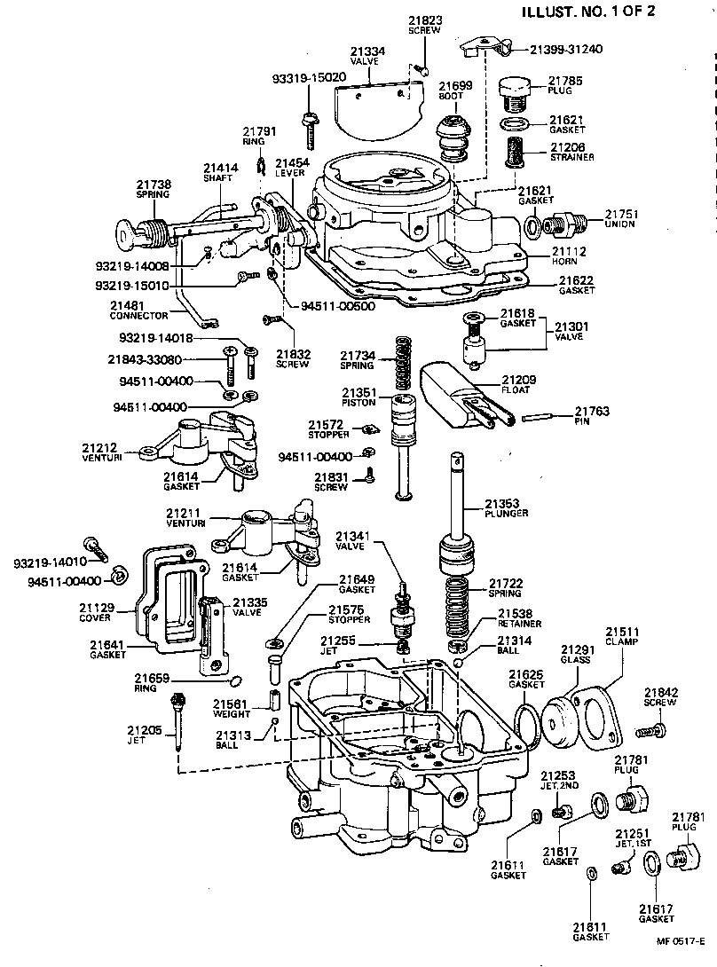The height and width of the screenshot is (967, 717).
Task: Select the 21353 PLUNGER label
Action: (507, 508)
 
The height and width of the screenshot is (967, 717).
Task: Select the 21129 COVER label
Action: (95, 612)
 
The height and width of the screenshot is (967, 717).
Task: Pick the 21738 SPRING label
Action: (154, 189)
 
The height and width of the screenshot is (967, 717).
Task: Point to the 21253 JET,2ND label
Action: (558, 780)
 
